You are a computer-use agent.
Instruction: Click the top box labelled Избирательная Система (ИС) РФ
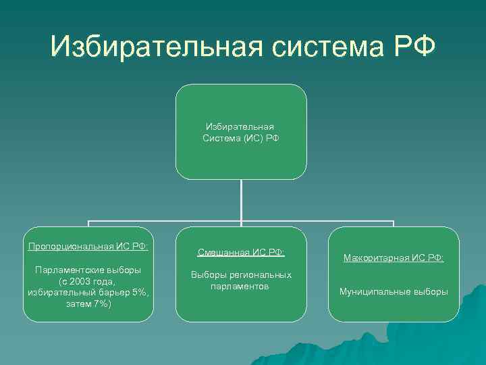241,132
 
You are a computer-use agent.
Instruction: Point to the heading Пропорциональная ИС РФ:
88,245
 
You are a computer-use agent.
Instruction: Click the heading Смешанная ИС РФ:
241,252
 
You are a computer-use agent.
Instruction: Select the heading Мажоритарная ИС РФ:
394,258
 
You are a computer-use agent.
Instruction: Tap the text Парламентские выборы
88,270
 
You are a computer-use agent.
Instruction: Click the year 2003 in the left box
88,281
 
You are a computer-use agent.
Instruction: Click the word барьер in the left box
111,292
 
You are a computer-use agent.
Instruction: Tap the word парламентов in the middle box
241,287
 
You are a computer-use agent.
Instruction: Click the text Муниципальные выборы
394,292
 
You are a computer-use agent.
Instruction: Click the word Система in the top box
221,138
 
